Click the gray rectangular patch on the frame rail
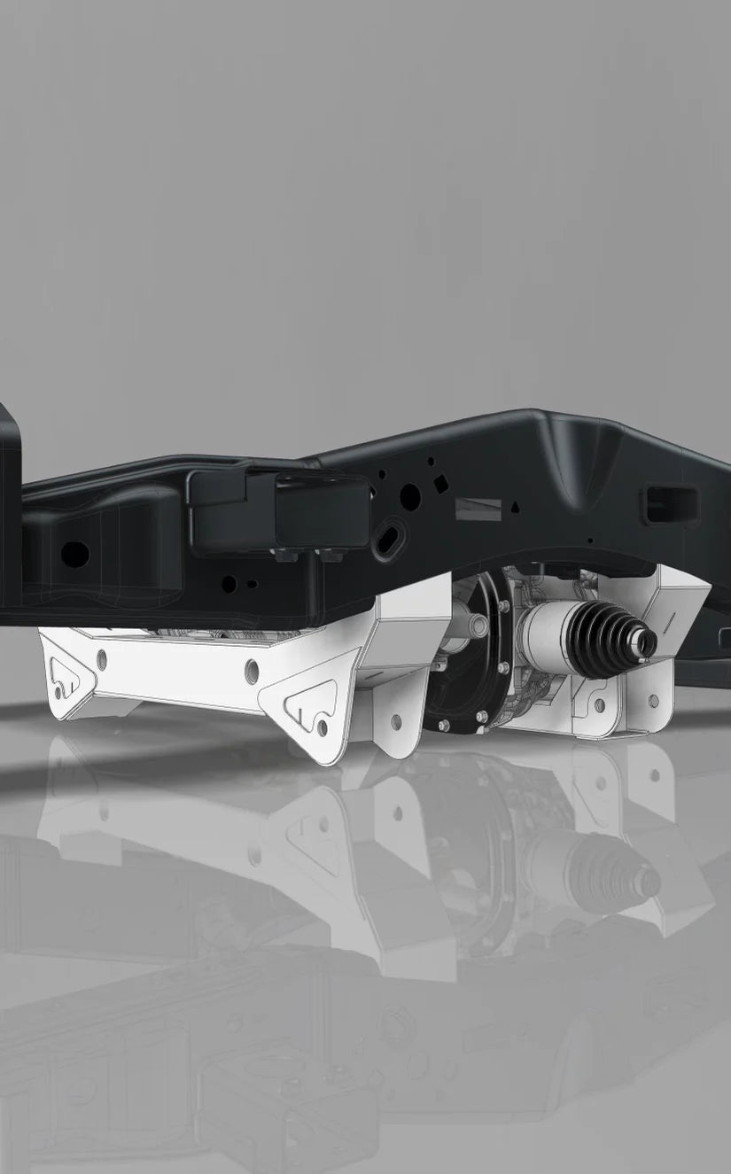coord(478,510)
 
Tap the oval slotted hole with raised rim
coord(390,540)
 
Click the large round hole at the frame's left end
coord(74,555)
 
